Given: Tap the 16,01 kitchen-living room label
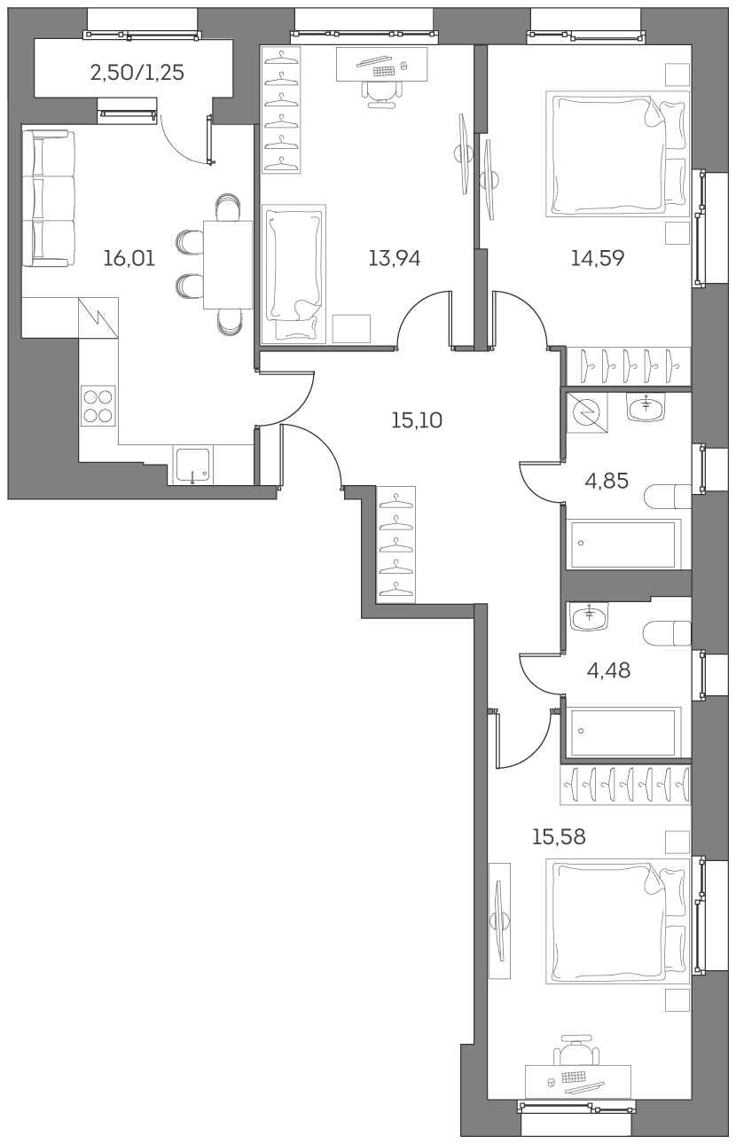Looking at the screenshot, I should coord(129,259).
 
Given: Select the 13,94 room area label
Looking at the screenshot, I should coord(394,259).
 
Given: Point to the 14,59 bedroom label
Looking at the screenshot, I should coord(598,259).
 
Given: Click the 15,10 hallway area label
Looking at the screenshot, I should coord(416,420).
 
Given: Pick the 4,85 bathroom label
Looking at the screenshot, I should coord(607,481).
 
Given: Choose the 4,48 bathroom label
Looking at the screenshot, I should coord(608,670).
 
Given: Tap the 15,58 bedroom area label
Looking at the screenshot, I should coord(559,836).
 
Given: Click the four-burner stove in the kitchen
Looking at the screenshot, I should coord(98,406).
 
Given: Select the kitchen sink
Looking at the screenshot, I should coord(192,465).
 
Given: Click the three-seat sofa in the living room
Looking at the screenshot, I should coord(46,197).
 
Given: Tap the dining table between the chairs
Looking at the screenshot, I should coord(228,263).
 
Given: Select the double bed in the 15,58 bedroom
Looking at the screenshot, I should coord(619,922).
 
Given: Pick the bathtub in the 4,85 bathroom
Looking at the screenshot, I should coord(624,543).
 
